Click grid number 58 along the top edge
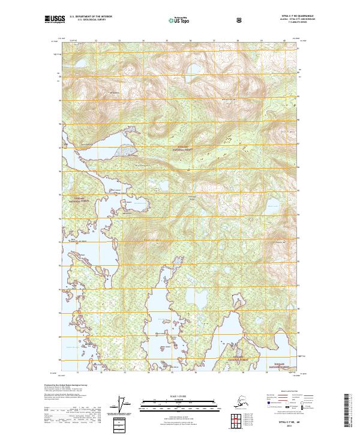(238, 41)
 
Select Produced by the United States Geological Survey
(65, 384)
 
